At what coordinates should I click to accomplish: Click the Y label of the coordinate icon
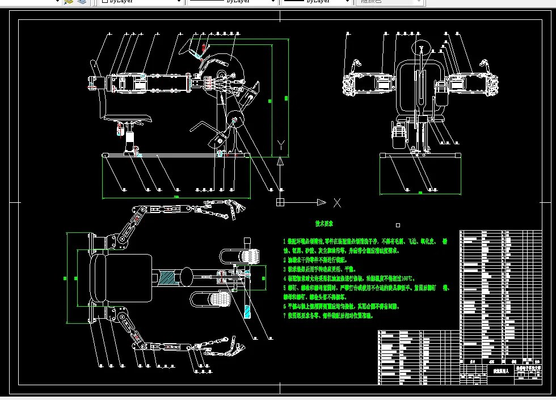(x=280, y=144)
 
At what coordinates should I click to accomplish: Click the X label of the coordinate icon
(x=337, y=202)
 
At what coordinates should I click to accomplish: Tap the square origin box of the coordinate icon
(x=280, y=202)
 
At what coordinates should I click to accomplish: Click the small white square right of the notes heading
(x=398, y=225)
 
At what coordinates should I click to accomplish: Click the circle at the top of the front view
(x=422, y=49)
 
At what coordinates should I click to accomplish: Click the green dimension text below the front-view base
(x=420, y=193)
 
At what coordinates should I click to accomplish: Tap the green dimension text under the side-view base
(x=176, y=197)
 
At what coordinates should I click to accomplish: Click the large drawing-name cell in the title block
(x=496, y=370)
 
